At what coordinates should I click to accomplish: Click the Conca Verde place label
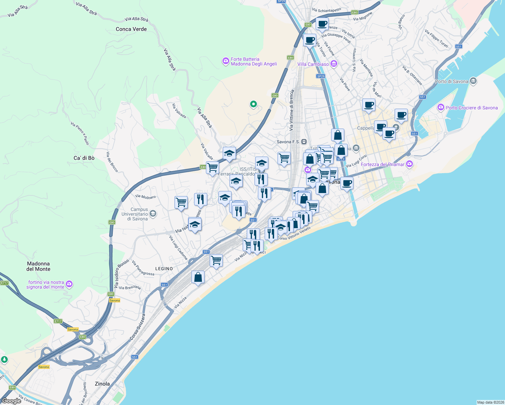coord(131,29)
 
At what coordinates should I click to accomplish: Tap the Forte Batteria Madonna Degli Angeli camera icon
coord(225,61)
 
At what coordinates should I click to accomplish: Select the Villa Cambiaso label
coord(313,64)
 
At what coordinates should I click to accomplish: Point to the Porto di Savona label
coord(451,81)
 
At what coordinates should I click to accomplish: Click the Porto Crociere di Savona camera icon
coord(441,108)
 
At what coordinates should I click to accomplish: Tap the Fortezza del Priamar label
coord(382,164)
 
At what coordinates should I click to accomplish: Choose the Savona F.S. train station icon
coord(304,142)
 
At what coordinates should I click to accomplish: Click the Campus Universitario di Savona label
coord(135,214)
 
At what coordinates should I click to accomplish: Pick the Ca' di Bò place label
coord(84,158)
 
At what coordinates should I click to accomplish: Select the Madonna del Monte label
coord(38,266)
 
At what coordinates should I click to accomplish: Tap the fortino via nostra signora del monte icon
coord(69,284)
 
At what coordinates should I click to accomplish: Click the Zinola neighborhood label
coord(102,384)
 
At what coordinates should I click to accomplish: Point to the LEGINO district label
coord(164,269)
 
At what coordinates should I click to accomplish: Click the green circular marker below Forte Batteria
coord(253,104)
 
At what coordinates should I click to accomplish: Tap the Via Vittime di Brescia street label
coord(292,110)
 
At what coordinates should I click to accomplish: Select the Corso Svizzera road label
coord(138,327)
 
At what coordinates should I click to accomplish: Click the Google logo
coord(11,401)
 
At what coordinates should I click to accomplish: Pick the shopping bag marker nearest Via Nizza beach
coord(198,277)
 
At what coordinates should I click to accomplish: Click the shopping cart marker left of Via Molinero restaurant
coord(181,202)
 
